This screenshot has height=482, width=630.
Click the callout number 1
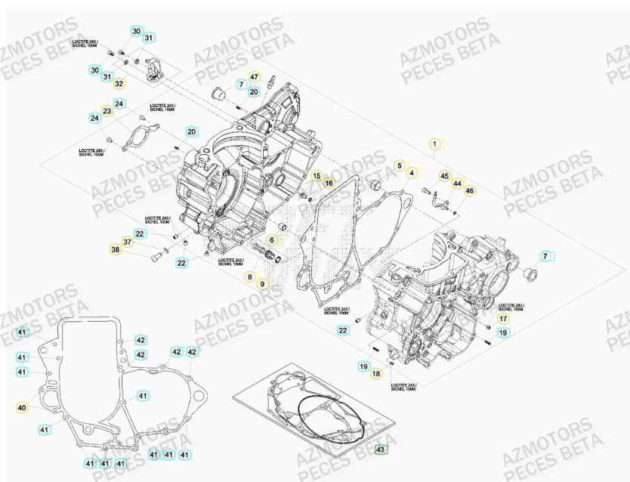click(434, 143)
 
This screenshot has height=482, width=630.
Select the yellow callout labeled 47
click(254, 77)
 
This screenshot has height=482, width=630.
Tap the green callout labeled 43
click(381, 450)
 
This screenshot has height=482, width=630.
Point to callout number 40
click(22, 408)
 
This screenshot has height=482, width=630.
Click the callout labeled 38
click(116, 250)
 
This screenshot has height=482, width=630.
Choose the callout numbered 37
click(128, 242)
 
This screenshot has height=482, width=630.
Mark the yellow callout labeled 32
click(119, 83)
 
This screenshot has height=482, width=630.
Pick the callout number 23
click(107, 111)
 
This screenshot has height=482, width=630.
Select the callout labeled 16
click(329, 183)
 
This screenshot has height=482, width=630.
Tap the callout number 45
click(444, 176)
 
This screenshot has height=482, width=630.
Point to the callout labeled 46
click(469, 191)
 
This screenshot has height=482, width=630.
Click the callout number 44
click(457, 184)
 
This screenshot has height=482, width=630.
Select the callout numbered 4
click(411, 173)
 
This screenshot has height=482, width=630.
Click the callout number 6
click(272, 239)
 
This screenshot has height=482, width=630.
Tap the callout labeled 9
click(263, 284)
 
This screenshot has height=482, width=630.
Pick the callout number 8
click(250, 277)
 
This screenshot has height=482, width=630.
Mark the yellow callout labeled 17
click(503, 320)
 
